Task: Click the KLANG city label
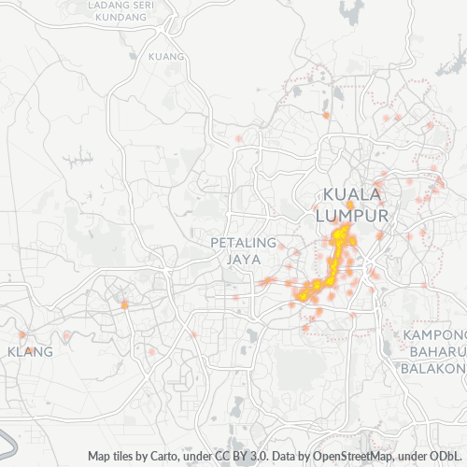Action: click(x=30, y=352)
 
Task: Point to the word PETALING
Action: click(x=244, y=242)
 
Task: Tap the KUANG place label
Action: click(x=165, y=57)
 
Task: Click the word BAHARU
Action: click(x=434, y=351)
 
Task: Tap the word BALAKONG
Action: click(x=433, y=368)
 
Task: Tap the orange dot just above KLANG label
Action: click(x=21, y=333)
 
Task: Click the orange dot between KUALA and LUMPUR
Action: click(x=349, y=205)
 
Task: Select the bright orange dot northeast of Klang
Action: click(x=124, y=304)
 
